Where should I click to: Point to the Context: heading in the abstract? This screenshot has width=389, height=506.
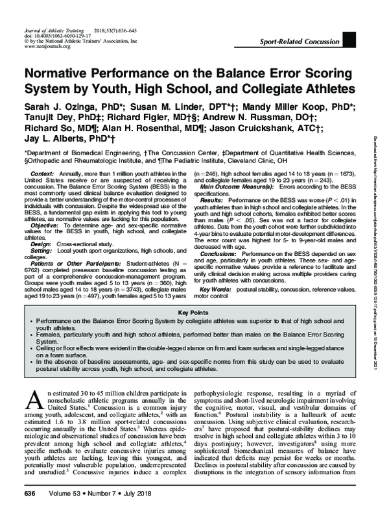point(43,175)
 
